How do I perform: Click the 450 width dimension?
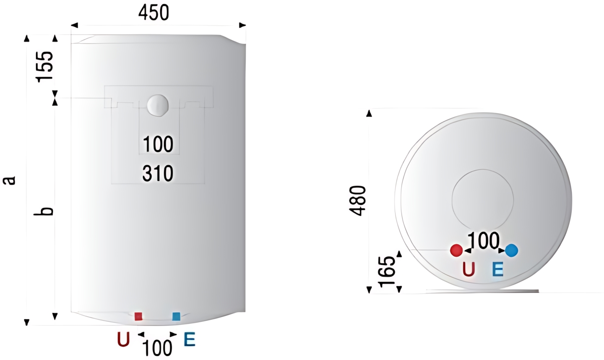154,13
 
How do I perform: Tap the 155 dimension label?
45,66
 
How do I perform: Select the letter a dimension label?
9,181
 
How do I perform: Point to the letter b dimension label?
44,211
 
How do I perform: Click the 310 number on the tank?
158,173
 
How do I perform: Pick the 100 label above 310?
158,144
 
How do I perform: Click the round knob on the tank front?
158,105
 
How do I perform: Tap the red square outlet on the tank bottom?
138,316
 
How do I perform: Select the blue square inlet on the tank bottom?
176,316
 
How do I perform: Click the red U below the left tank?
123,339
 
